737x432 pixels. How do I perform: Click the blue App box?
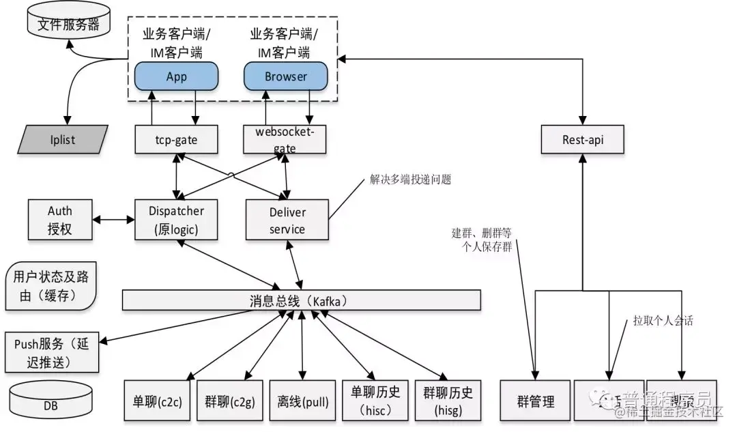tap(176, 76)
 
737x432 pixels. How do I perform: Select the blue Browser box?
tap(285, 76)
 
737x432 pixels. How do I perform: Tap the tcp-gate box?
tap(176, 140)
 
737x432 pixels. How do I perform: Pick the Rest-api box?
tap(582, 140)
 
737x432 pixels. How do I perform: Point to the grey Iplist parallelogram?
tap(63, 140)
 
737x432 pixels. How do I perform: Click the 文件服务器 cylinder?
tap(68, 25)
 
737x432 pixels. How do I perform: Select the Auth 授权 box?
tap(59, 220)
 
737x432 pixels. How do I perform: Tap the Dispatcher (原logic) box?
tap(176, 220)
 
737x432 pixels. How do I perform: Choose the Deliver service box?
tap(287, 220)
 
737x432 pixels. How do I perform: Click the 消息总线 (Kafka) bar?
tap(301, 300)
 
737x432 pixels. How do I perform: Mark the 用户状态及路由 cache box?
tap(50, 286)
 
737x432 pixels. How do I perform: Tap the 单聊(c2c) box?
tap(157, 400)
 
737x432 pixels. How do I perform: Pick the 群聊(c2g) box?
tap(230, 400)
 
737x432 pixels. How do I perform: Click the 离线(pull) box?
tap(302, 400)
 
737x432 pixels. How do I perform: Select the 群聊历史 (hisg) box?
tap(448, 400)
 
